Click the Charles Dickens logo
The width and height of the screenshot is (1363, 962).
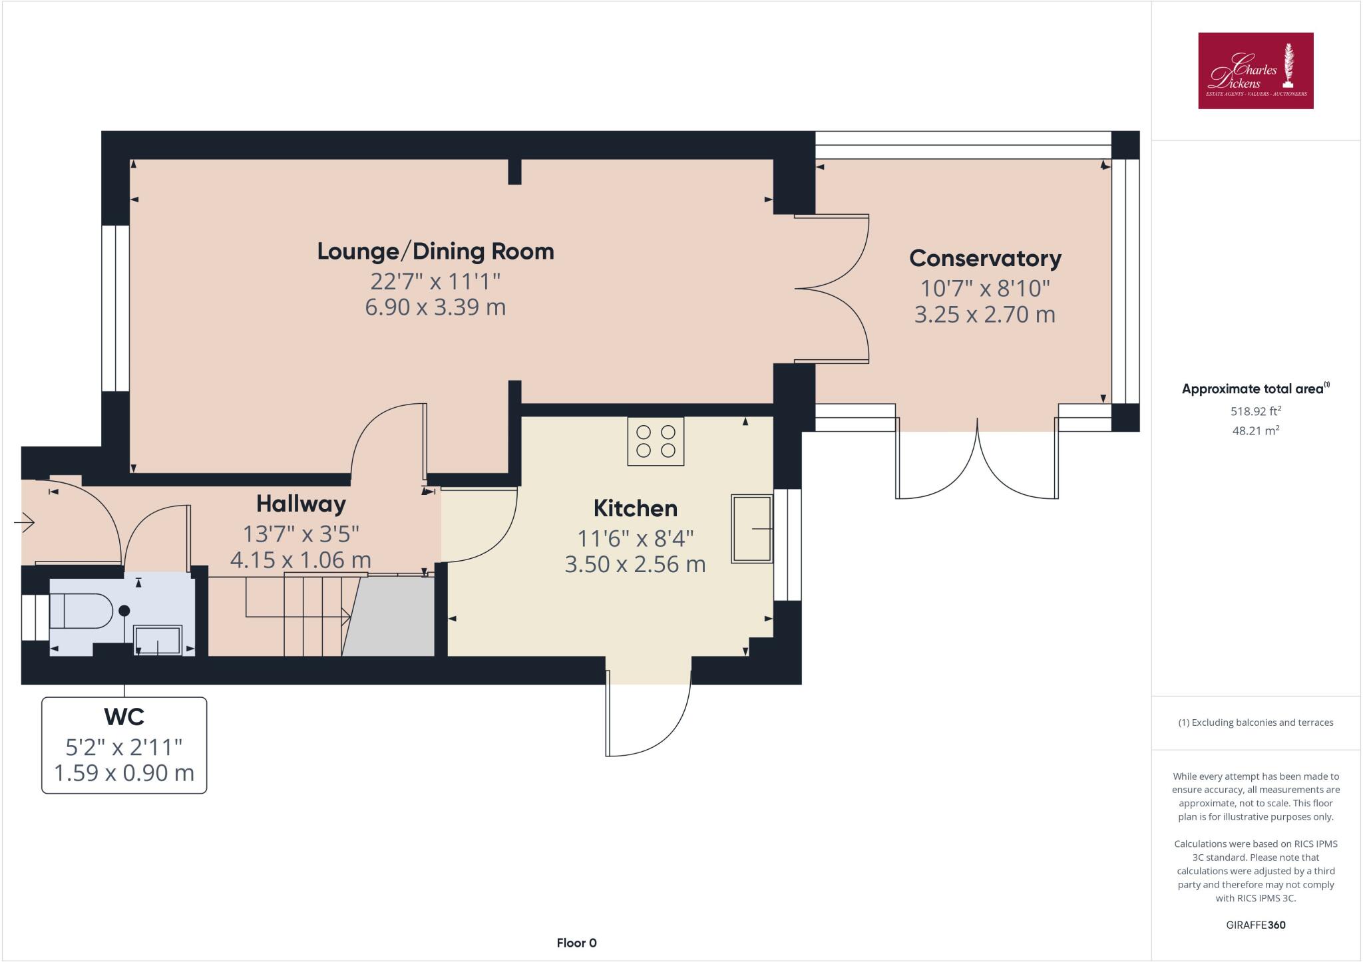click(1255, 71)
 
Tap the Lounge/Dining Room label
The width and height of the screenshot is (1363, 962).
click(435, 251)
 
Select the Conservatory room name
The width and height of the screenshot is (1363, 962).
click(985, 258)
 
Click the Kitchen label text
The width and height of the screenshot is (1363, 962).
click(635, 508)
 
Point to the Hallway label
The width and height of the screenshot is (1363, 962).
click(301, 504)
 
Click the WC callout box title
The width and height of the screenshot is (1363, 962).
click(124, 717)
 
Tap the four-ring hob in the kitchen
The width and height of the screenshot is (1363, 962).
click(656, 441)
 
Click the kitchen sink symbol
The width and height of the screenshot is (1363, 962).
click(752, 529)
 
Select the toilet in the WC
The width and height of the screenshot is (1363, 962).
click(80, 611)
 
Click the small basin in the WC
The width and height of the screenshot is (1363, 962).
click(158, 640)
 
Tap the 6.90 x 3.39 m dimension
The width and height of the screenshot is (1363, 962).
click(435, 307)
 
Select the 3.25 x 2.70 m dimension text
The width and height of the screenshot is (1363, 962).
click(985, 314)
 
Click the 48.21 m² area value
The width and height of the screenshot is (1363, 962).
click(1255, 430)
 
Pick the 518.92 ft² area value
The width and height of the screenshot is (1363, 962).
click(1255, 411)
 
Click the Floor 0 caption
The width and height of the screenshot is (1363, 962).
click(576, 943)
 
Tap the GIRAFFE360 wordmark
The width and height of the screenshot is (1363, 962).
click(1255, 925)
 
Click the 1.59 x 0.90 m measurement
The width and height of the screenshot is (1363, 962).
click(124, 773)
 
